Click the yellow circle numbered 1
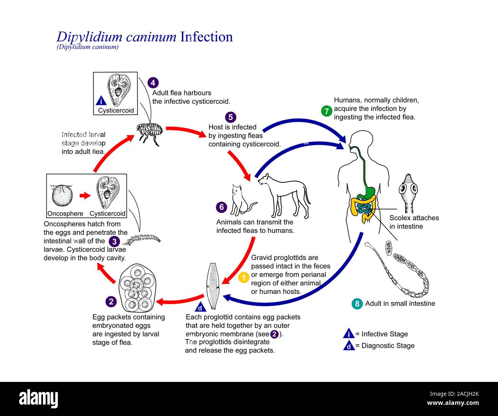(x=244, y=277)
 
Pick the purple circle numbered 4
(x=153, y=83)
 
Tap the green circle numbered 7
(x=326, y=111)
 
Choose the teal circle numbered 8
(x=357, y=304)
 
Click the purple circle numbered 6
(x=221, y=207)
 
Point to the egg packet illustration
(x=137, y=288)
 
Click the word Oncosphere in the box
(x=65, y=214)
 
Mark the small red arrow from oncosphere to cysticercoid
(x=85, y=196)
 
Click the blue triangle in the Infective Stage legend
(x=349, y=334)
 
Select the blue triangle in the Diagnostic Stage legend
(x=349, y=346)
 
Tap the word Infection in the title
(x=206, y=37)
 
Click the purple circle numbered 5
(x=231, y=117)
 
